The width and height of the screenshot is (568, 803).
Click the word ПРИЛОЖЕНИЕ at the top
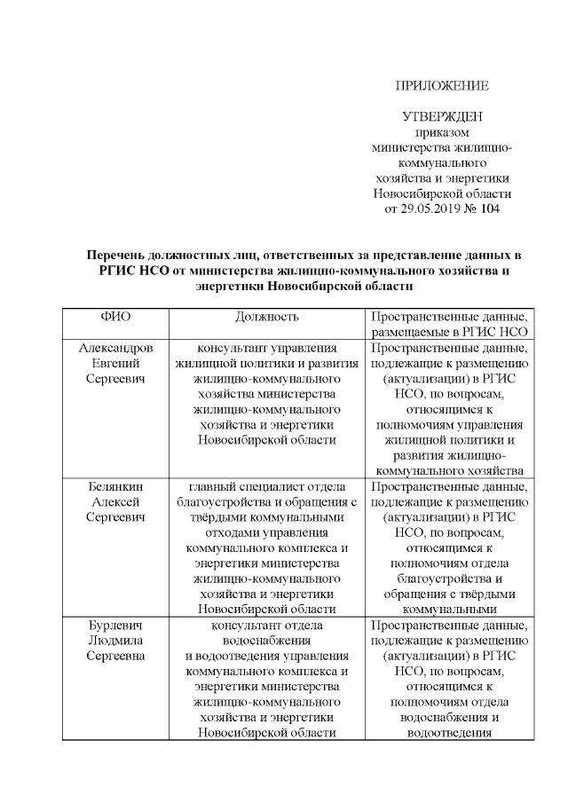click(x=441, y=86)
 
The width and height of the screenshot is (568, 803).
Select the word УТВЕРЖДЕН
click(x=441, y=117)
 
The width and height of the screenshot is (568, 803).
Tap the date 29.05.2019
click(x=432, y=209)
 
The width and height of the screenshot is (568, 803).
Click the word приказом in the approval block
click(x=441, y=132)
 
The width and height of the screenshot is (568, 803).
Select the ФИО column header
click(x=115, y=317)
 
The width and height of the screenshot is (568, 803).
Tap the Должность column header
click(x=267, y=317)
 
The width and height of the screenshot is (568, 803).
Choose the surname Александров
click(x=115, y=349)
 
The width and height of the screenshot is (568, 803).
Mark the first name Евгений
click(x=115, y=364)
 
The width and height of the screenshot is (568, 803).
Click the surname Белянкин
click(x=115, y=487)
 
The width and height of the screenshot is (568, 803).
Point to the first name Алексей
click(x=115, y=502)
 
